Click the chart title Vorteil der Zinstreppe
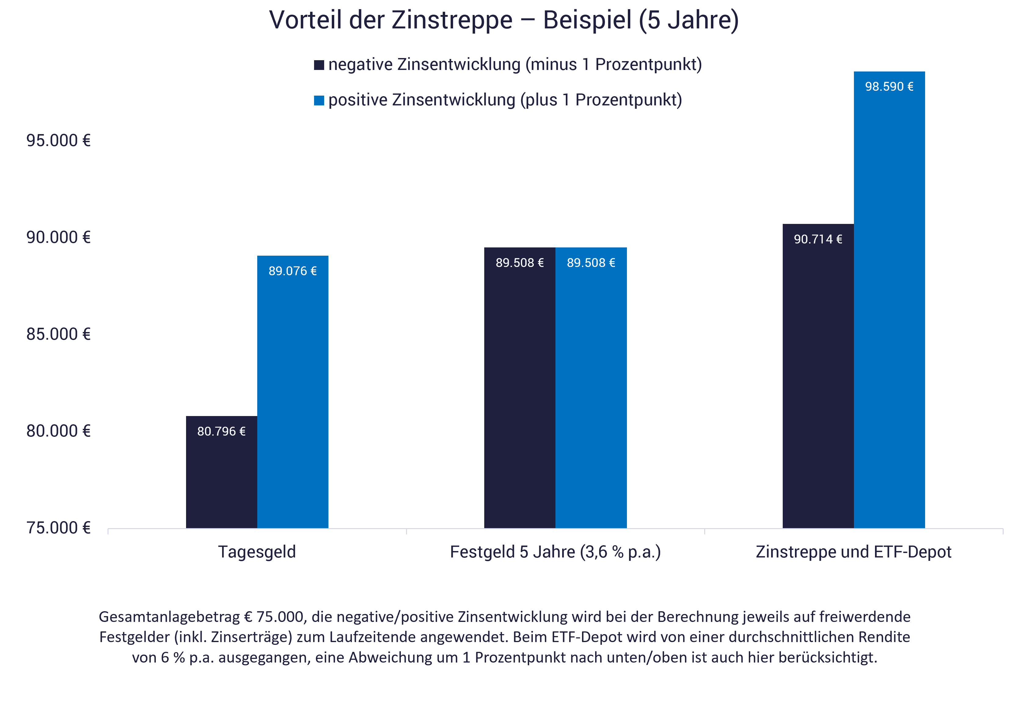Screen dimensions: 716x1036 click(503, 20)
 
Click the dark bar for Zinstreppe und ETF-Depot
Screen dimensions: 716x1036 click(818, 381)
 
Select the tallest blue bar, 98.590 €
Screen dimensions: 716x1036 click(889, 305)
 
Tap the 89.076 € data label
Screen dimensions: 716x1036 click(293, 271)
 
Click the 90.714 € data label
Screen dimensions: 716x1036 click(818, 239)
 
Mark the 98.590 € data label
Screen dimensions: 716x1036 click(889, 86)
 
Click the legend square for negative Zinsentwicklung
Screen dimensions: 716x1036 click(319, 65)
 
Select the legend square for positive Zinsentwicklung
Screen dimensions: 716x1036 click(319, 100)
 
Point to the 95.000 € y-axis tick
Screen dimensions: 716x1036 click(58, 141)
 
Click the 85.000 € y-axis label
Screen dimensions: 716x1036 click(58, 334)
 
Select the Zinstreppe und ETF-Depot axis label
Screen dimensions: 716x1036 click(853, 552)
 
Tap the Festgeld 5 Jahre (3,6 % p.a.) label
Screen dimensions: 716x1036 click(555, 552)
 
